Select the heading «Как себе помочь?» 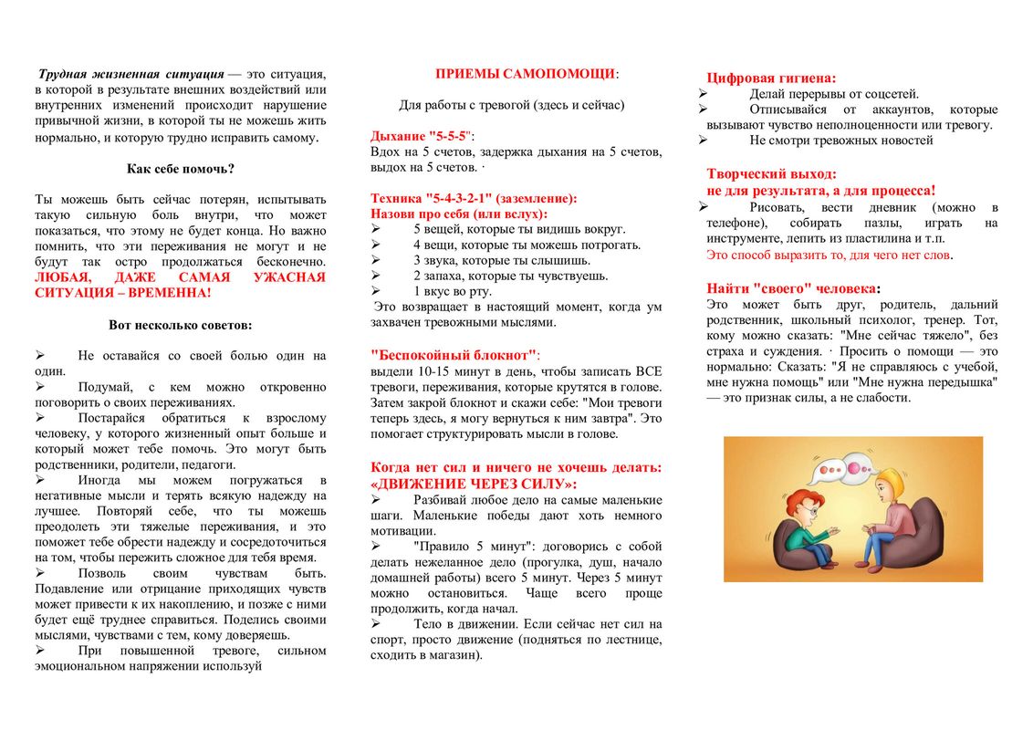tap(180, 169)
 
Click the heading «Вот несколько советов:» tap(180, 324)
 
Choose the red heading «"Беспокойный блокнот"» tap(454, 354)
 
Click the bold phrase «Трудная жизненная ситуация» tap(130, 74)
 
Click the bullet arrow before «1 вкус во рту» tap(376, 291)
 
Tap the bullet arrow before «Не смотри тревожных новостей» tap(703, 141)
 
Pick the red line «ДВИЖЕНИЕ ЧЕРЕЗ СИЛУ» tap(475, 484)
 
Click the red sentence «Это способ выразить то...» tap(829, 255)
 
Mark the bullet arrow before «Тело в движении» tap(376, 623)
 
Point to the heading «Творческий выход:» tap(771, 173)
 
